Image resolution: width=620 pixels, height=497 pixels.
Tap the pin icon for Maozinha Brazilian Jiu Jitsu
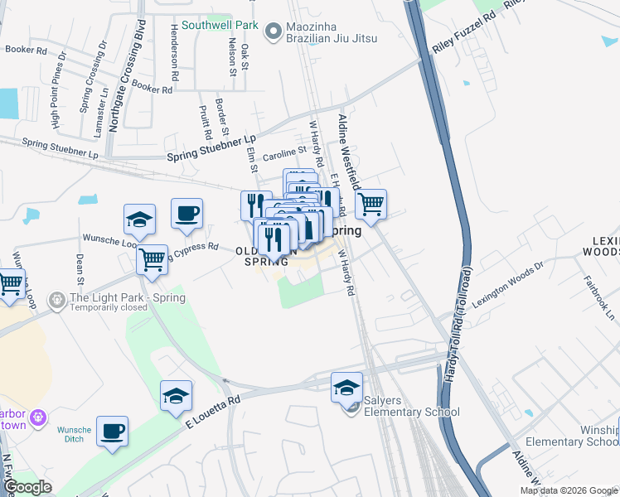tap(273, 31)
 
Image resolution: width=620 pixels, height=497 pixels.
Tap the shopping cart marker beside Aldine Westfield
tap(371, 204)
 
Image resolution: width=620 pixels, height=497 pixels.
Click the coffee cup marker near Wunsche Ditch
tap(112, 431)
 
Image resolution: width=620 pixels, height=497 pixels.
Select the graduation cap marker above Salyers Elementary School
tap(347, 386)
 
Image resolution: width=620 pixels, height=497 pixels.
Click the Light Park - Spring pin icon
tap(56, 299)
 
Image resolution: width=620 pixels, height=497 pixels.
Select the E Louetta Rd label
tap(211, 410)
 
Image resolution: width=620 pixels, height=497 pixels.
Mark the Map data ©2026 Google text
tap(568, 490)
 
